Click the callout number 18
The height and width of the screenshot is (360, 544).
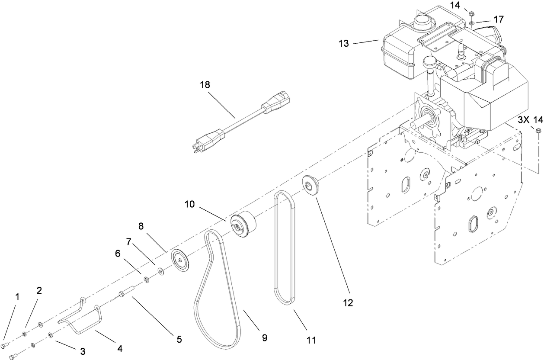205,84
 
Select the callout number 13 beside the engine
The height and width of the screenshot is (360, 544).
344,43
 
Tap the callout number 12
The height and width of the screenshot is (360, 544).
348,303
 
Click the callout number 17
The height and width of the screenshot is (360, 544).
487,19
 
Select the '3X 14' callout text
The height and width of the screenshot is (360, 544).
530,119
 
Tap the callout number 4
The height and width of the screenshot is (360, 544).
120,348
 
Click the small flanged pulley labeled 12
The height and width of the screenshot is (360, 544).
310,185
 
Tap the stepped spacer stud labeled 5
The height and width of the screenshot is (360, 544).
127,292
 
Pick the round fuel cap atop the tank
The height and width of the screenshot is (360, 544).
421,20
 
